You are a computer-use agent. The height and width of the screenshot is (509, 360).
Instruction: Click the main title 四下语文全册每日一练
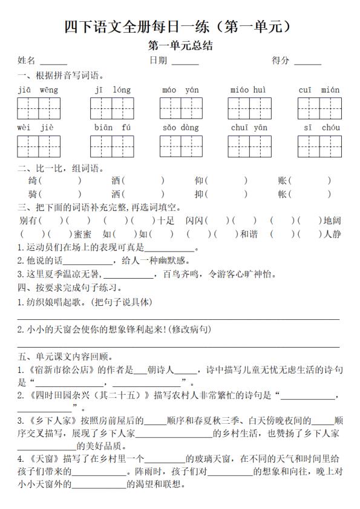(180, 27)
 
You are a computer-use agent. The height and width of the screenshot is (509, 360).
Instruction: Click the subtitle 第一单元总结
(180, 45)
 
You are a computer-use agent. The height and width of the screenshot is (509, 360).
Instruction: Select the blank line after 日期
(185, 62)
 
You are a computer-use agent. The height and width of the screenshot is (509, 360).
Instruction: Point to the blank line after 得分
(308, 62)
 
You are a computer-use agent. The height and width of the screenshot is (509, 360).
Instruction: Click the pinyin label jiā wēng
(38, 91)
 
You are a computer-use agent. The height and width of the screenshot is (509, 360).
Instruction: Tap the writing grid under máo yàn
(181, 108)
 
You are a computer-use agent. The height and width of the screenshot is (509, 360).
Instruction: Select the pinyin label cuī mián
(319, 91)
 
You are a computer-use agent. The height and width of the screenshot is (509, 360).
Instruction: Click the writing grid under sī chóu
(319, 146)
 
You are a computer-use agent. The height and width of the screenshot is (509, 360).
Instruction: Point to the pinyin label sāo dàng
(181, 128)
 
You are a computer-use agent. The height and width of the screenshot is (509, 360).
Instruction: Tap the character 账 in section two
(283, 181)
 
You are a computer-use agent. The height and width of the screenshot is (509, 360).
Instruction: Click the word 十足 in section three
(167, 221)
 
